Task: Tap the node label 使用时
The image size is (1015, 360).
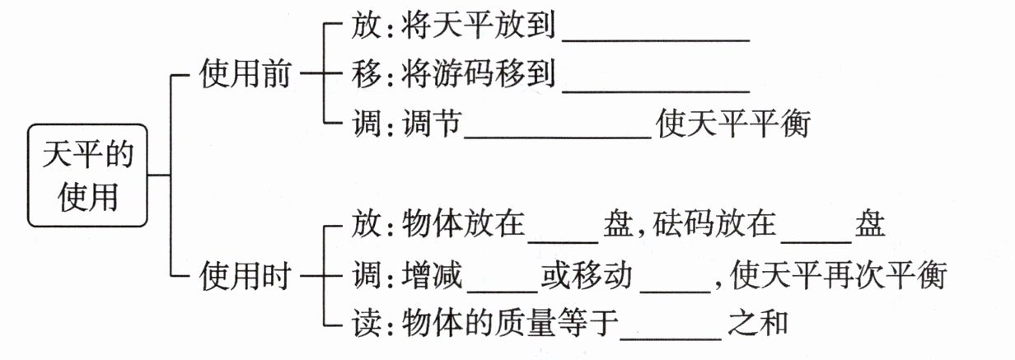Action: [x=245, y=278]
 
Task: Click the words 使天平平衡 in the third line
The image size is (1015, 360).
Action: [x=734, y=124]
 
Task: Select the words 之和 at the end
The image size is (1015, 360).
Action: [x=758, y=322]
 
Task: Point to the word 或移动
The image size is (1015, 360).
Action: [x=587, y=274]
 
